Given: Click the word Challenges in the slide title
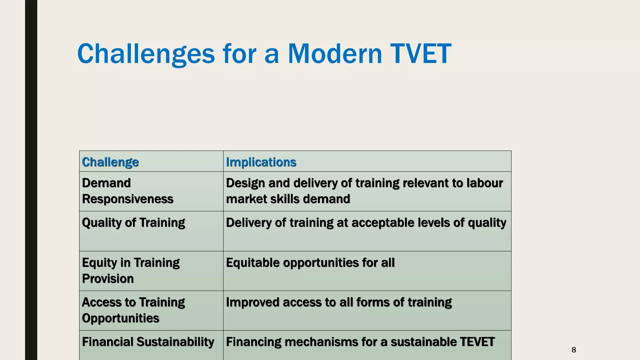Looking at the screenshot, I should coord(146,54).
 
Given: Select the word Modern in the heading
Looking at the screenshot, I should coord(335,54).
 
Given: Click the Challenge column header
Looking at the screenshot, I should coord(110,162).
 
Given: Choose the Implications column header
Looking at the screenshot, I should coord(261,162).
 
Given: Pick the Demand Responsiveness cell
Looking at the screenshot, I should coord(127,191).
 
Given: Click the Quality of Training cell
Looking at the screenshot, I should coord(133,223).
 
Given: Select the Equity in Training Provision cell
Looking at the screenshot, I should coord(131,270).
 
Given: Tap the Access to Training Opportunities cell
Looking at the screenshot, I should coord(133,310).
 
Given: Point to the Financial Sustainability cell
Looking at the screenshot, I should coord(148,342).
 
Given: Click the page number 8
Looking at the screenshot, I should coord(573,350).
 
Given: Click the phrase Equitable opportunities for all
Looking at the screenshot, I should coord(310,263).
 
